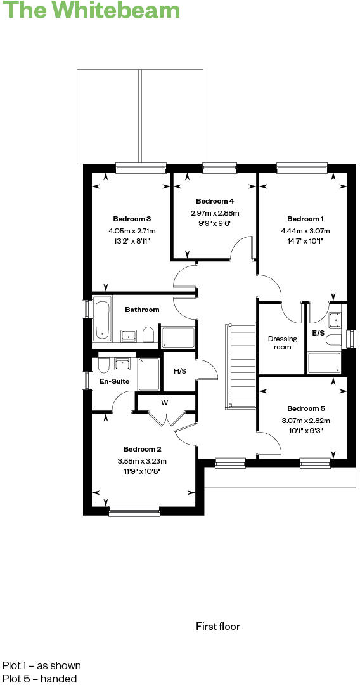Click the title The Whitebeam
91,11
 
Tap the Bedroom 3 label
132,219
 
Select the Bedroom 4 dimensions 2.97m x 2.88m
215,213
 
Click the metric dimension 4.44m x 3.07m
305,231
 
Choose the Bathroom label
142,310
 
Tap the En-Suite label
115,381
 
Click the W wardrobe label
164,402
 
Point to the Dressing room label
282,342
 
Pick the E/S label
318,333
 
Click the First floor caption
218,627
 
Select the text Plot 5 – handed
39,679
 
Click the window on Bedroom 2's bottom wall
134,511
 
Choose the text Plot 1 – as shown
42,665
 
